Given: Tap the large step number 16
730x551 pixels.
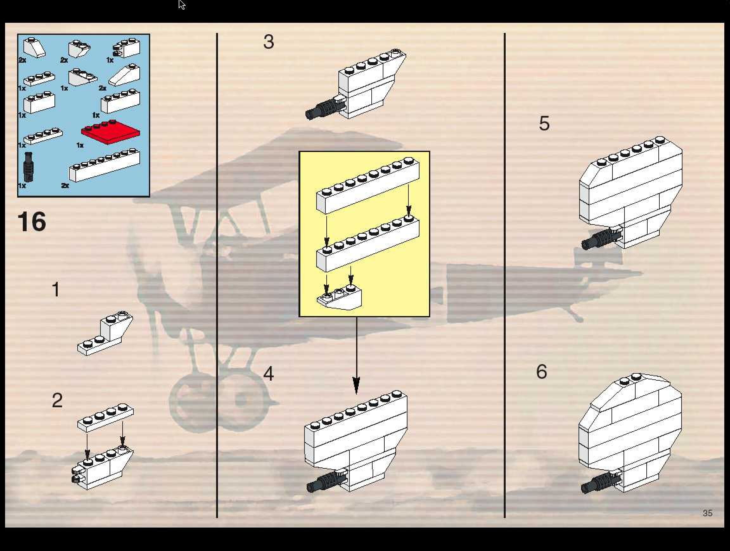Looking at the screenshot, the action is point(32,222).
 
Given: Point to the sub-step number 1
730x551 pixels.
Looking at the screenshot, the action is point(56,289).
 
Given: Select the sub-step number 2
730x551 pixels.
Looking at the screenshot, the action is point(57,400).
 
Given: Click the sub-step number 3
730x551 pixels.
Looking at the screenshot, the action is point(269,42).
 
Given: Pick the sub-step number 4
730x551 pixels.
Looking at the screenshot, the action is point(269,374).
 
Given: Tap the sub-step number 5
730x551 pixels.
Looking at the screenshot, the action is point(544,123).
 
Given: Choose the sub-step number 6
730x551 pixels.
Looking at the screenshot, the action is point(541,372).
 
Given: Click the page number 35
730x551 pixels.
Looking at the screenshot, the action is point(707,513).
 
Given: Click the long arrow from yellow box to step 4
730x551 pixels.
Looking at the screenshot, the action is point(356,356).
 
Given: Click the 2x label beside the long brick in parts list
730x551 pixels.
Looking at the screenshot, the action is point(65,186).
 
